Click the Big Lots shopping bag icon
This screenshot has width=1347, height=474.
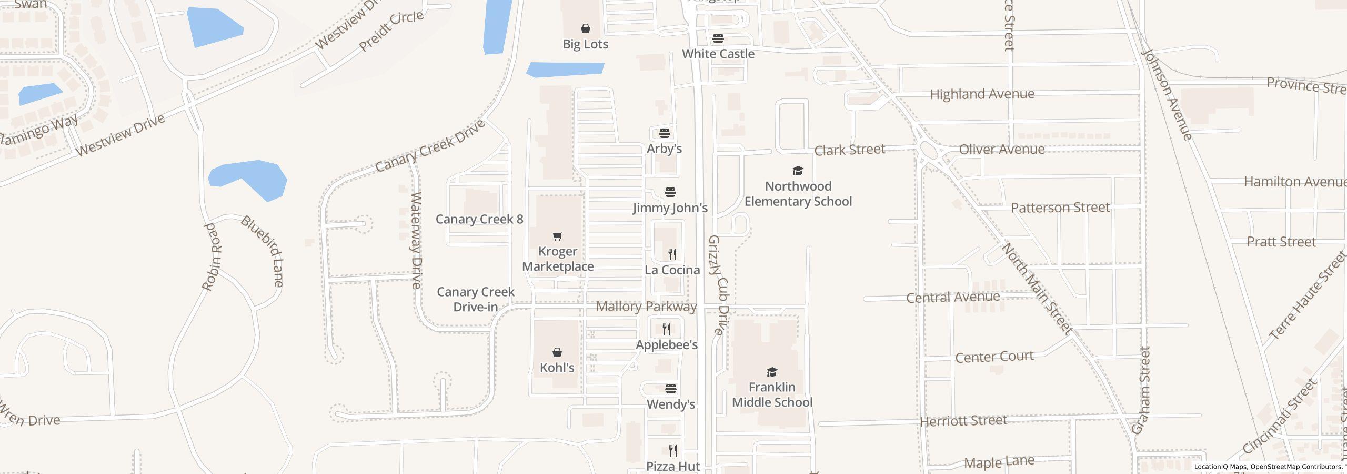(x=585, y=28)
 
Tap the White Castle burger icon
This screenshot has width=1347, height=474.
(x=718, y=38)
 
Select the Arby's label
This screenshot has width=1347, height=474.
(x=664, y=149)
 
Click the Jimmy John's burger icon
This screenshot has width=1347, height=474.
(x=670, y=192)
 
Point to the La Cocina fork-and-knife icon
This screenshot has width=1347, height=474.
(x=672, y=254)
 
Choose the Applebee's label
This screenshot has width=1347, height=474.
(x=667, y=345)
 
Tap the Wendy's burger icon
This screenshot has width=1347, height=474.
(x=670, y=389)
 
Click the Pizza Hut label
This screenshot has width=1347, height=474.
(x=673, y=466)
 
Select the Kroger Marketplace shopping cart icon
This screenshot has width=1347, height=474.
(x=557, y=236)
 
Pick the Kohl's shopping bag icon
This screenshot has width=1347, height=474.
(x=557, y=352)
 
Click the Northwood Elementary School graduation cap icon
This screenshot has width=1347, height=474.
(x=798, y=171)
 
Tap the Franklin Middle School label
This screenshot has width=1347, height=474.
(x=772, y=395)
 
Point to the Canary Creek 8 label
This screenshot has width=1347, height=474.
(x=479, y=219)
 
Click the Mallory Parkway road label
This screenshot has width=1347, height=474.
(x=646, y=307)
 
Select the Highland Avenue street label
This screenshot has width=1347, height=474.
(x=982, y=94)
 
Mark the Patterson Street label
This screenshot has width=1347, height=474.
(x=1060, y=208)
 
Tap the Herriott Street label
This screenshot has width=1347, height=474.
(x=963, y=421)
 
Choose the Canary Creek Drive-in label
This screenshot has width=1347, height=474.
(x=476, y=299)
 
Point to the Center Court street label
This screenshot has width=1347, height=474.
(x=994, y=357)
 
